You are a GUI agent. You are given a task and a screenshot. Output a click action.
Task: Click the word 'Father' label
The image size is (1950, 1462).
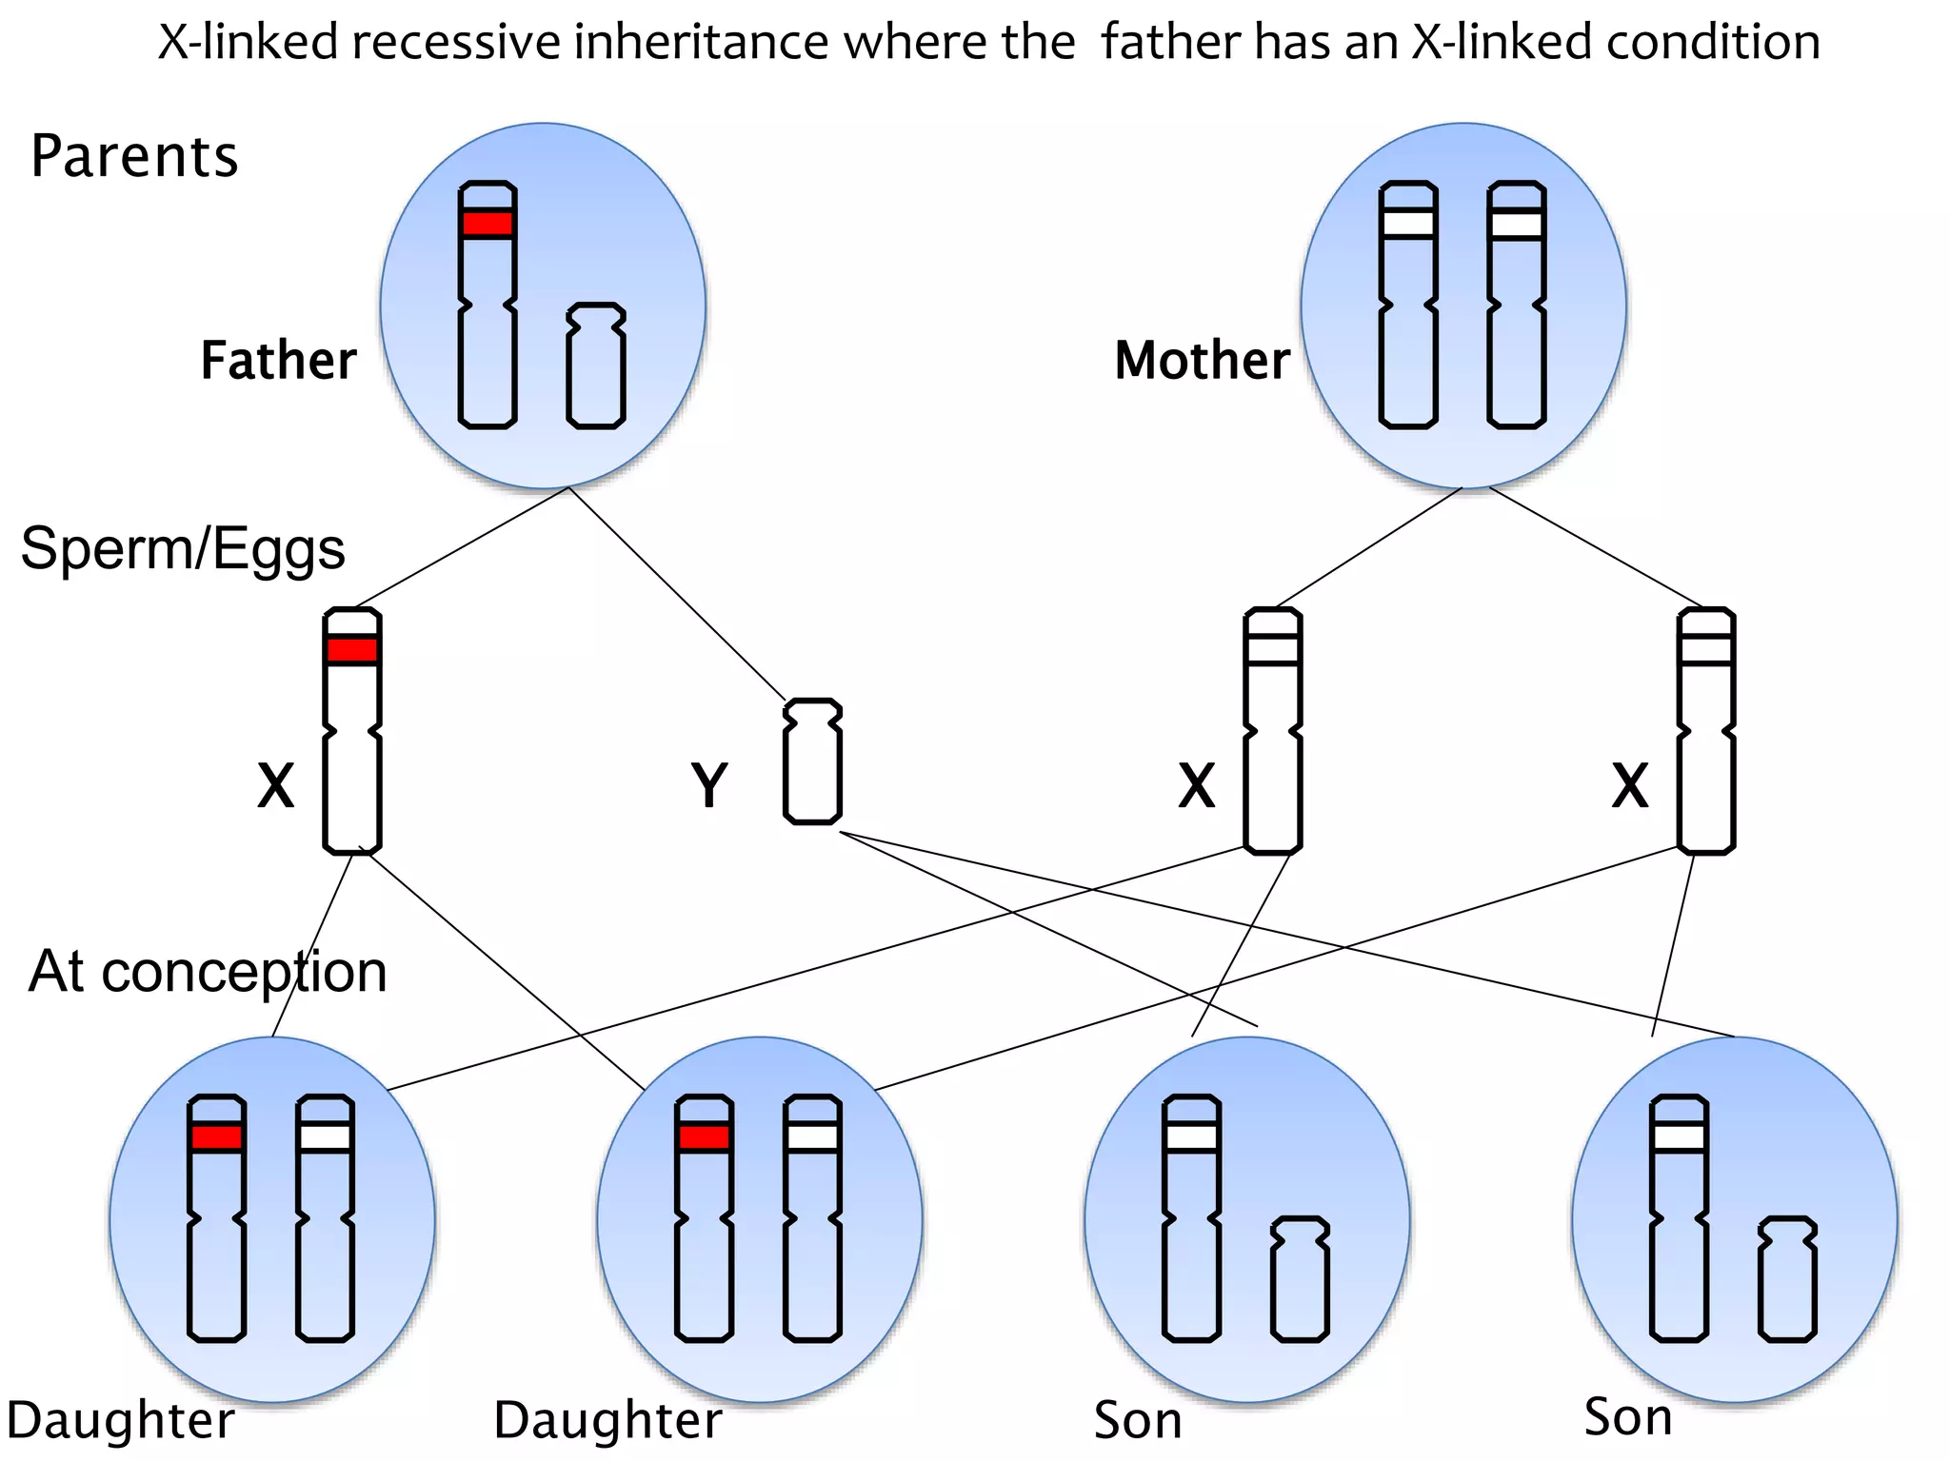coord(278,361)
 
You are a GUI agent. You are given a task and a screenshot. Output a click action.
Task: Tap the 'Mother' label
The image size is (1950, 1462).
coord(1202,361)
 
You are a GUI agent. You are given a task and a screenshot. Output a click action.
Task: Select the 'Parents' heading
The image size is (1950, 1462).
coord(133,156)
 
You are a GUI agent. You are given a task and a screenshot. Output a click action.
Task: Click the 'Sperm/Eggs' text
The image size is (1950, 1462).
coord(183,549)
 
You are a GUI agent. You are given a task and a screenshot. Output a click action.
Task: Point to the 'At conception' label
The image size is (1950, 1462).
coord(208,972)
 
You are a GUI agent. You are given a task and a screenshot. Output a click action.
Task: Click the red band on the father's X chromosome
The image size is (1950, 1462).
coord(487,225)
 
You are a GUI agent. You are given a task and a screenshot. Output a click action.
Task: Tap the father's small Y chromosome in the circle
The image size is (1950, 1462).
coord(596,365)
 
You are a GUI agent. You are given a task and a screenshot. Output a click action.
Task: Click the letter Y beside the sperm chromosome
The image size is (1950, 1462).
coord(709,786)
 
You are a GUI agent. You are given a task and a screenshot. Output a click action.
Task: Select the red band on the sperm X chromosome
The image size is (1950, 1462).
coord(352,651)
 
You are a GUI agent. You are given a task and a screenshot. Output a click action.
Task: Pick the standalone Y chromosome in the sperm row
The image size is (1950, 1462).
coord(812,761)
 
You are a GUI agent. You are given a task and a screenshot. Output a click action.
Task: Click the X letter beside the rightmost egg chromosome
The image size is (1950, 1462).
coord(1630,786)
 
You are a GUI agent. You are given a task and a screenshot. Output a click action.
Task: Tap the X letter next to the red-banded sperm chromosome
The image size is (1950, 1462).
coord(276,786)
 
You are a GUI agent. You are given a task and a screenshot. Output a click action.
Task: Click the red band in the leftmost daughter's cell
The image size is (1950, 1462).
coord(217,1138)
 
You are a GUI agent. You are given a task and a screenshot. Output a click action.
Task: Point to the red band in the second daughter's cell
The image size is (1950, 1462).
coord(705,1138)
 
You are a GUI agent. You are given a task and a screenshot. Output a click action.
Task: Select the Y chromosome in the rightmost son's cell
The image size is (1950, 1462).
coord(1787,1279)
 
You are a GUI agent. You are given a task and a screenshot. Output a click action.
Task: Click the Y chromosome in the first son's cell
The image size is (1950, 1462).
coord(1300,1279)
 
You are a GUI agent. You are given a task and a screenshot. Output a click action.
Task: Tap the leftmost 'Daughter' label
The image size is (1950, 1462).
coord(121,1421)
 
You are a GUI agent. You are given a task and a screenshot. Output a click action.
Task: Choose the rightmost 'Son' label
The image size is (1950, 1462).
coord(1628,1417)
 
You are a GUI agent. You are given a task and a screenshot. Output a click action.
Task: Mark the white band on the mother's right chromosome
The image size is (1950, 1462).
coord(1516,225)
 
